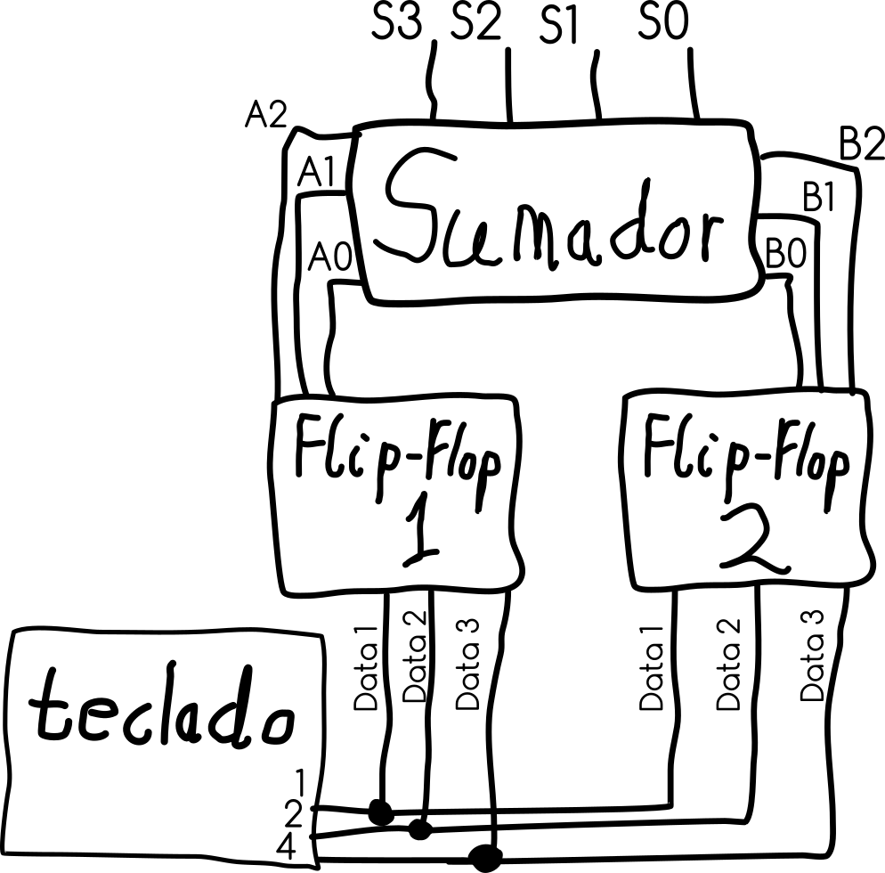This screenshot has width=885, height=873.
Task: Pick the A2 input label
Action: click(x=265, y=114)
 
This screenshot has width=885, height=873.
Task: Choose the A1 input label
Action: click(x=317, y=173)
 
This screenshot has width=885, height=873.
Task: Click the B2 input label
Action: click(x=861, y=144)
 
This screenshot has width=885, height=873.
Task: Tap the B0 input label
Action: click(x=786, y=256)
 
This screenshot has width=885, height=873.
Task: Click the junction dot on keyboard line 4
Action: click(x=486, y=857)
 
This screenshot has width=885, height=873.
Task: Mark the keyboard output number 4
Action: click(x=286, y=849)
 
